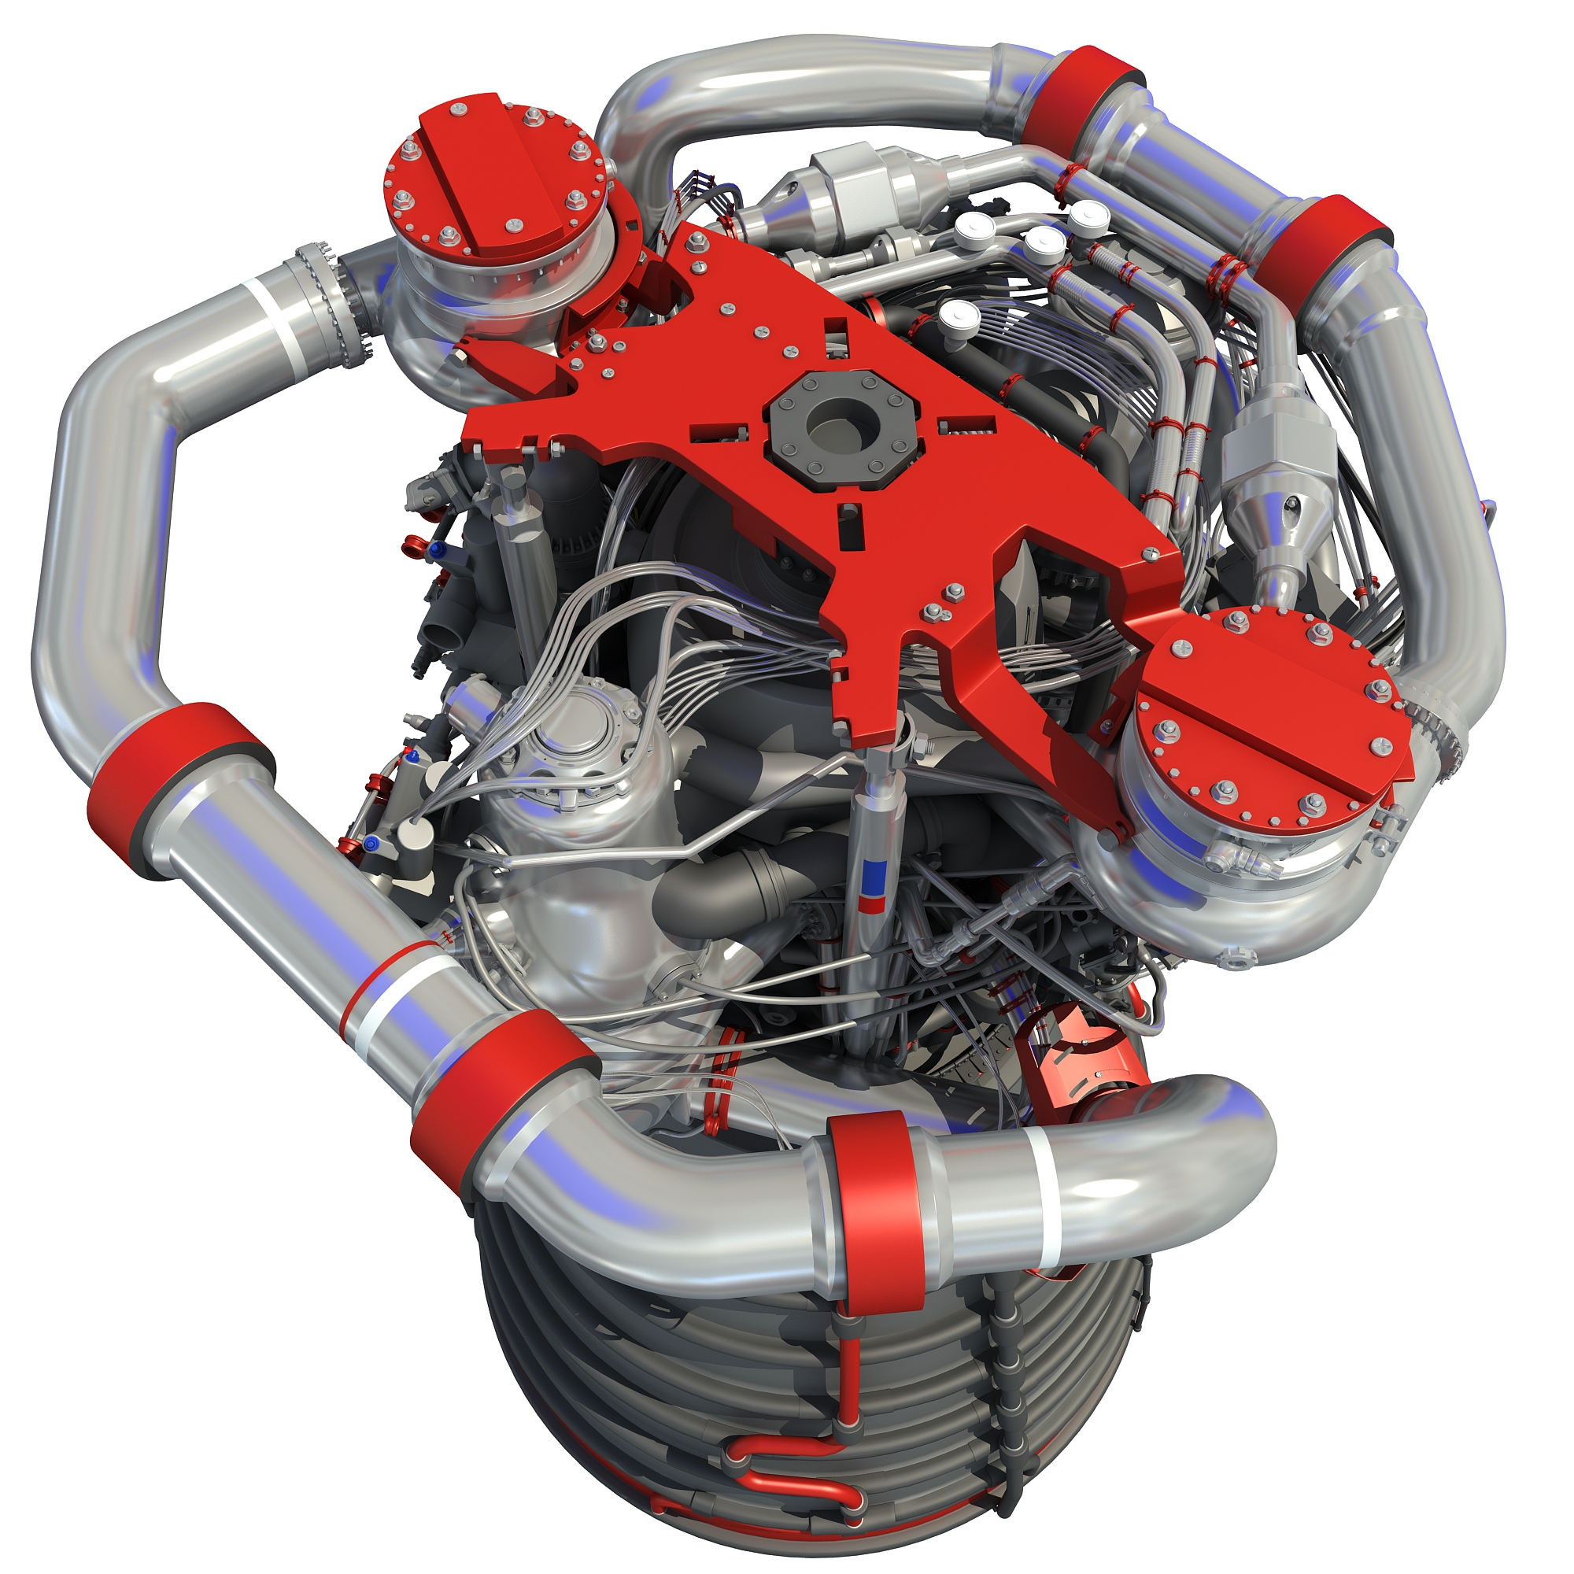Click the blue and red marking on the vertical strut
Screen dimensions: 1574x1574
(874, 874)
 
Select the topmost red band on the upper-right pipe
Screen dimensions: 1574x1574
(1081, 94)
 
